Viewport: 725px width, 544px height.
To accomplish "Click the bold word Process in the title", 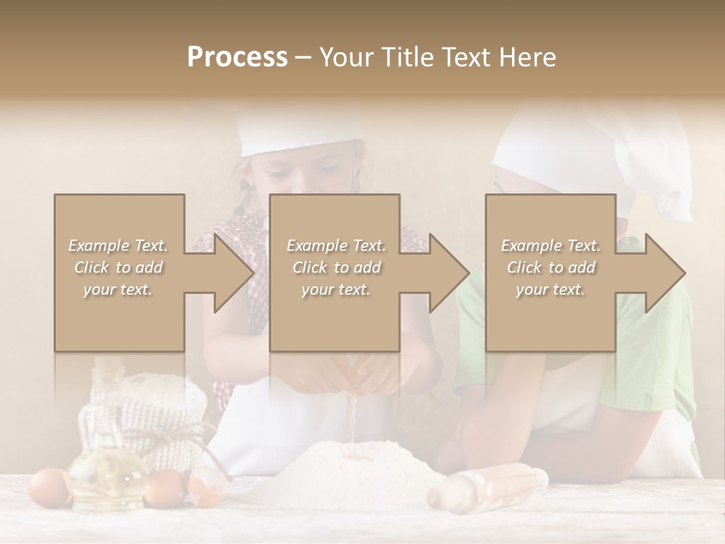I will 237,57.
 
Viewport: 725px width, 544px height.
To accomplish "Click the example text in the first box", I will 118,267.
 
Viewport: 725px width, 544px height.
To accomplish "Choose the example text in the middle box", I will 335,267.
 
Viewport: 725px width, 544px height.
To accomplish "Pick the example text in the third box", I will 551,267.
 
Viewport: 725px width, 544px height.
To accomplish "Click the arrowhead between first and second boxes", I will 230,273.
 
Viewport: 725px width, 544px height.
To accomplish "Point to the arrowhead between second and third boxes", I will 446,273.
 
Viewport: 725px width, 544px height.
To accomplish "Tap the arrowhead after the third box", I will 662,273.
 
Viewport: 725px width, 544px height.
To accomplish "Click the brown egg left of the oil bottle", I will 48,487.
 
